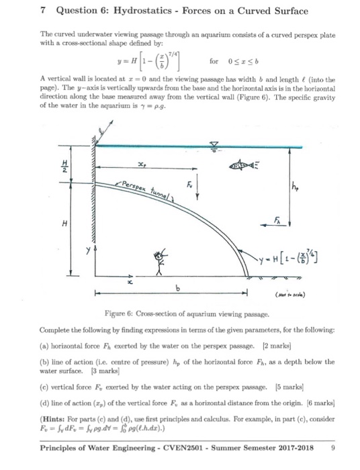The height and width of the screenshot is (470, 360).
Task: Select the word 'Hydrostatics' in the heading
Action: pyautogui.click(x=134, y=11)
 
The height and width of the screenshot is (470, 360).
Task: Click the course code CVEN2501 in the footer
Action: pyautogui.click(x=189, y=446)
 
